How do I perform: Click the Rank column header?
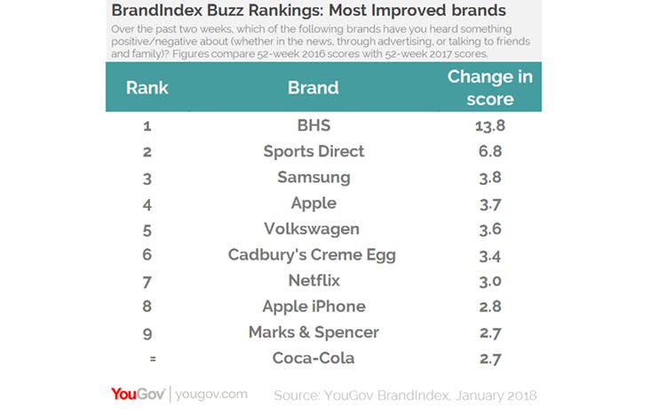click(147, 88)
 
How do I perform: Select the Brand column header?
click(313, 88)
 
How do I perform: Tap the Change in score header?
click(489, 87)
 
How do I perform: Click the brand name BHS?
click(313, 125)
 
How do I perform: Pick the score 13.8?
click(489, 125)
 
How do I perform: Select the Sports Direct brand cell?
click(313, 151)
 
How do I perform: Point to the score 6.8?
click(489, 151)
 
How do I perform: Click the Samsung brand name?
click(313, 177)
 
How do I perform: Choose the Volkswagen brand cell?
click(313, 229)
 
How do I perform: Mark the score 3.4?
click(489, 255)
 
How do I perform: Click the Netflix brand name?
click(313, 281)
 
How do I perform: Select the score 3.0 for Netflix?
click(489, 281)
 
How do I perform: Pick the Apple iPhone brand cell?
click(313, 307)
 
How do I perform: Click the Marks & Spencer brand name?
click(313, 333)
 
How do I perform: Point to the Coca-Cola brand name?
click(313, 358)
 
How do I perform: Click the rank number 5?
click(147, 229)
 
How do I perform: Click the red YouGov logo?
click(138, 393)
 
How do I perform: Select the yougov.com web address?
click(211, 393)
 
